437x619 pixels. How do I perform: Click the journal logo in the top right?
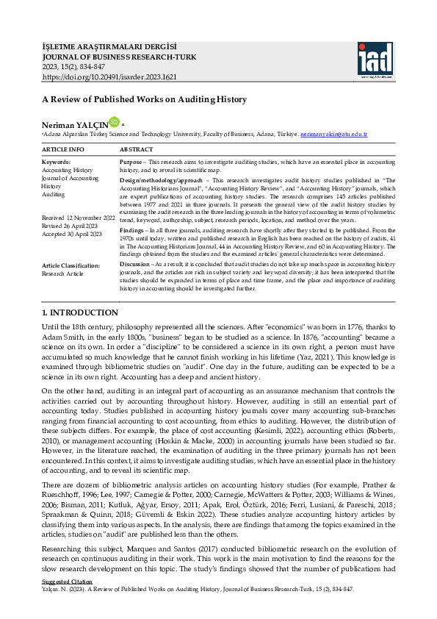click(x=376, y=59)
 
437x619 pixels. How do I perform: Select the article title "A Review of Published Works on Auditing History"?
click(x=144, y=99)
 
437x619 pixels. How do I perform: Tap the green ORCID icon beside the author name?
click(x=114, y=122)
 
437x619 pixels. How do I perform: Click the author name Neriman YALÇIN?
click(x=74, y=125)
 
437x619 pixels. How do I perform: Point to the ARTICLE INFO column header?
click(x=63, y=149)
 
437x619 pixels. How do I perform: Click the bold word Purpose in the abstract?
click(x=131, y=162)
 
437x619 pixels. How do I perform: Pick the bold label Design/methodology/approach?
click(x=160, y=179)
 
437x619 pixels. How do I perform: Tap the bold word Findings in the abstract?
click(x=132, y=230)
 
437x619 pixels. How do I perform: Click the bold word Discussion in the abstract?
click(x=134, y=262)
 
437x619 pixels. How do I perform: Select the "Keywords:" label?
click(x=57, y=162)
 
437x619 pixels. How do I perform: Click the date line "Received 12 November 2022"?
click(x=79, y=218)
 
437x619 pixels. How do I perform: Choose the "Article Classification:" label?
click(x=71, y=265)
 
